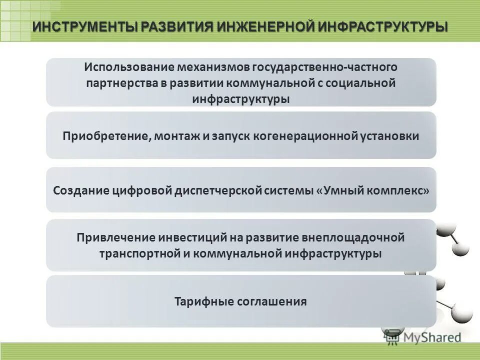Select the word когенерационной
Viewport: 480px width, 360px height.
point(309,136)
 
